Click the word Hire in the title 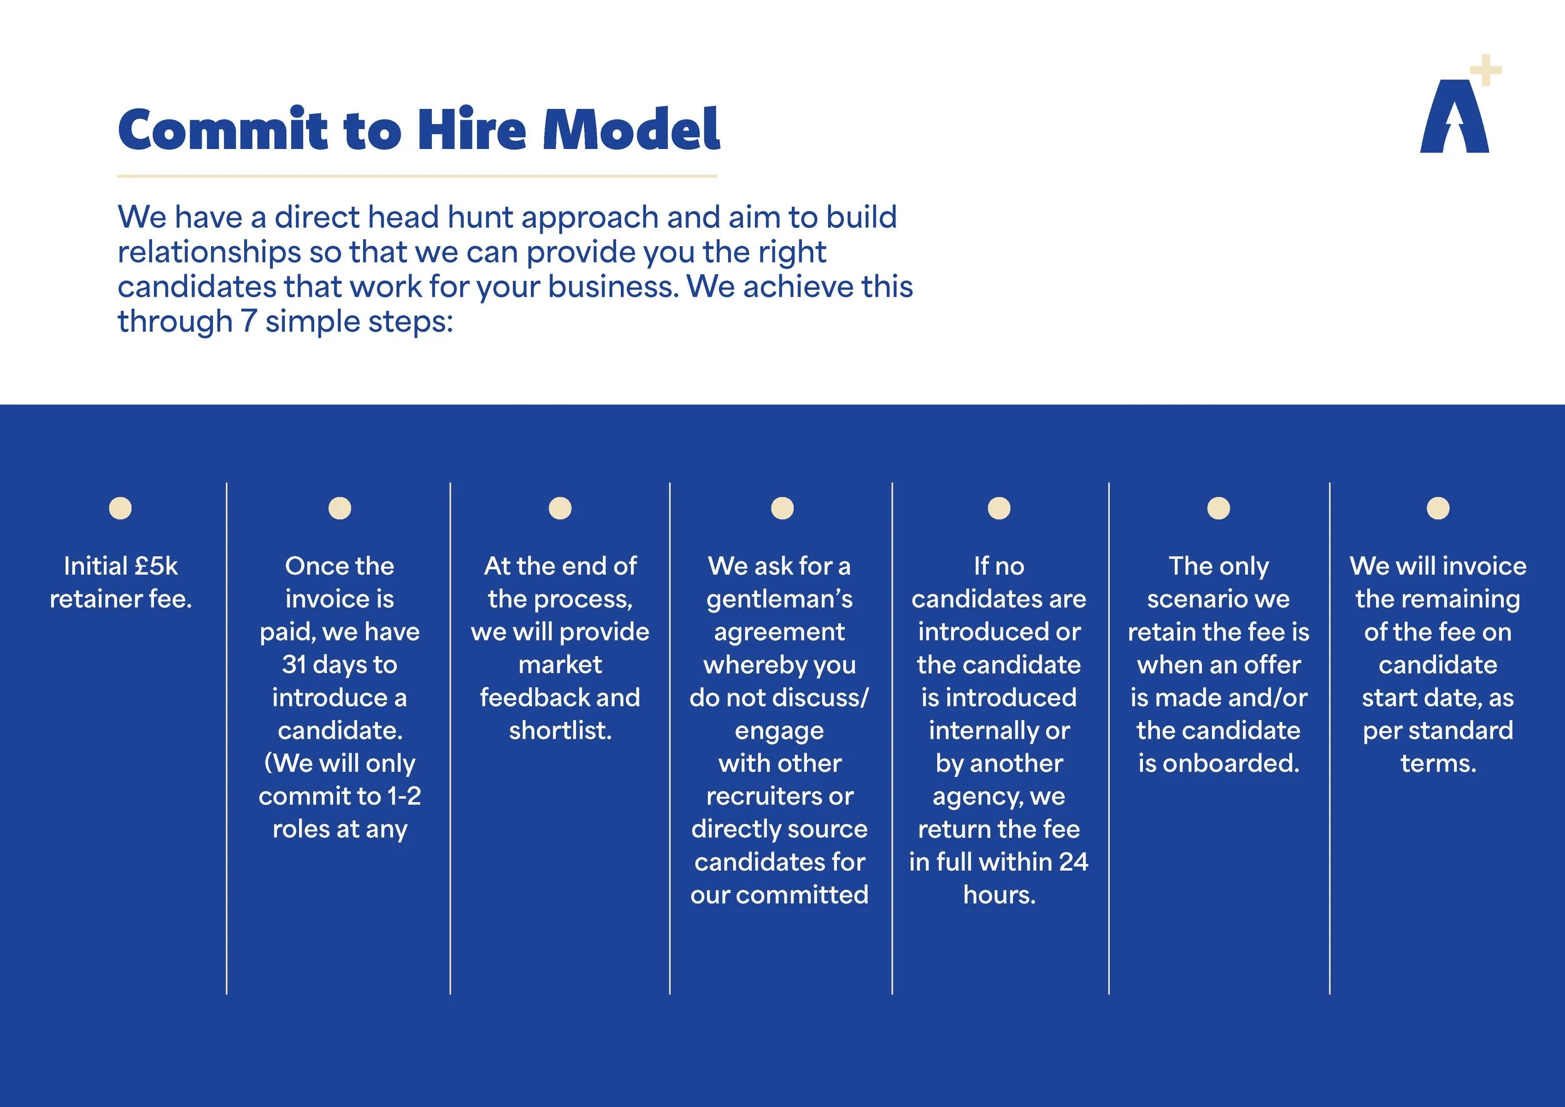471,130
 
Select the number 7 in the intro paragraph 249,321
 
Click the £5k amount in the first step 156,566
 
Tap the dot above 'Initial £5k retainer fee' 120,508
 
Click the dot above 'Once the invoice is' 339,508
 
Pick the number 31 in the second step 293,664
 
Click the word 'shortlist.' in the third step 560,731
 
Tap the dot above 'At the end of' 560,508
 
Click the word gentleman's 780,599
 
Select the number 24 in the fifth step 1074,862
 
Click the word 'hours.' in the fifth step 999,895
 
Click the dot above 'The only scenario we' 1218,508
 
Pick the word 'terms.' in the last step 1438,763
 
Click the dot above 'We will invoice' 1437,508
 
